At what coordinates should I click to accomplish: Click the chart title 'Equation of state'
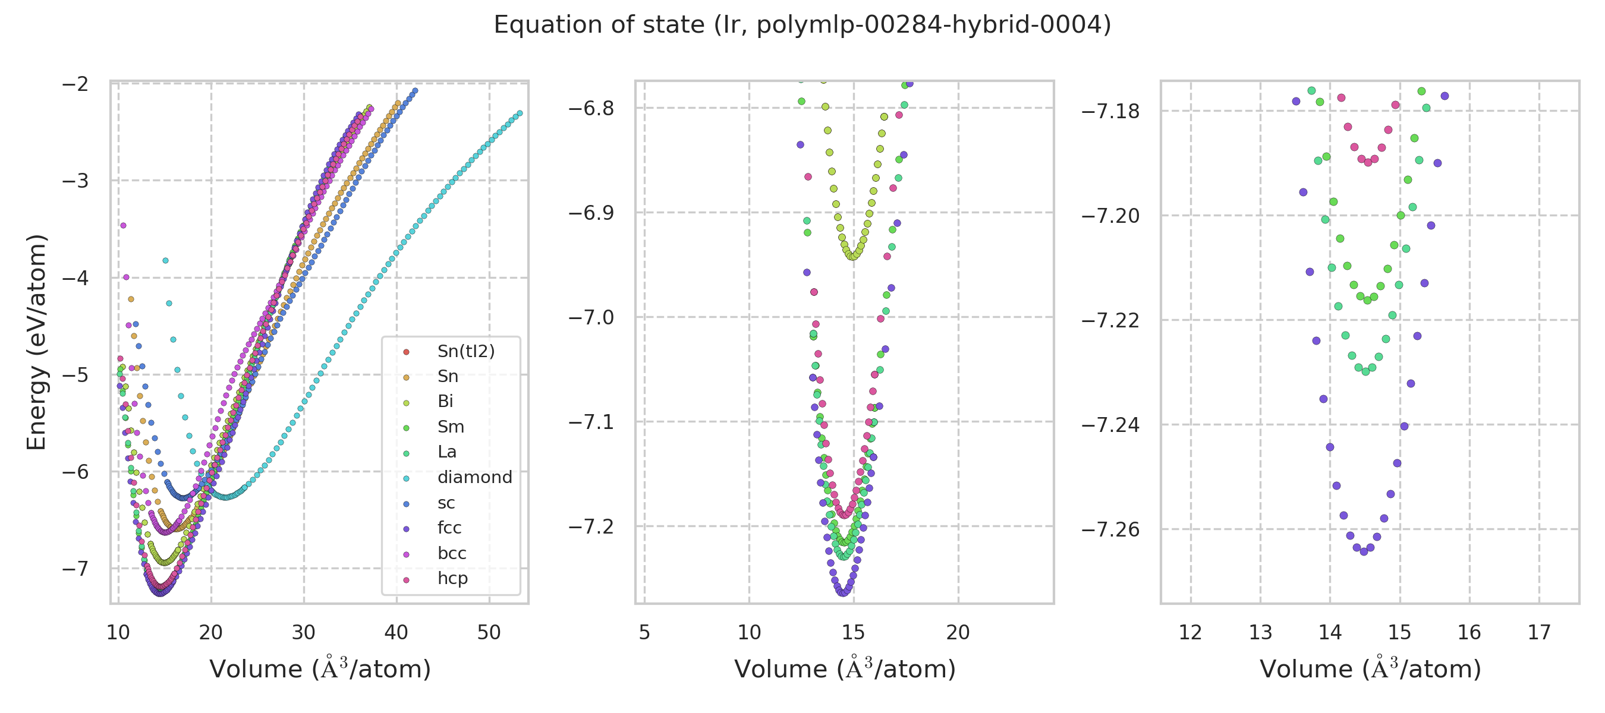[802, 25]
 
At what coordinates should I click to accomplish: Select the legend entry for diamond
[474, 478]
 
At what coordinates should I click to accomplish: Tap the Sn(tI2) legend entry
[465, 351]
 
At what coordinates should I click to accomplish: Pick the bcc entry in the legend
[452, 554]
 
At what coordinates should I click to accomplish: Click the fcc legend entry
[449, 528]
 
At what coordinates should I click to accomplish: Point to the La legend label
[447, 452]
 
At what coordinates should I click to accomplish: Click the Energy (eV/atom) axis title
[36, 342]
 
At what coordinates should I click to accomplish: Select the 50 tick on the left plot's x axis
[489, 633]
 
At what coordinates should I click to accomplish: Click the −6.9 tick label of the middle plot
[591, 213]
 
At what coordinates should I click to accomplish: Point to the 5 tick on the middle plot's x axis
[644, 633]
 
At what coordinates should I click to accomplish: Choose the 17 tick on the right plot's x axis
[1539, 633]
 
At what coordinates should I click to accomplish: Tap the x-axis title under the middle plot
[844, 670]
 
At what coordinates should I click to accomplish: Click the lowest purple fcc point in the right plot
[1364, 552]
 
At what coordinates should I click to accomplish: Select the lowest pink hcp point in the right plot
[1368, 163]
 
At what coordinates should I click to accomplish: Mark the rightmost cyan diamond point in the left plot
[520, 113]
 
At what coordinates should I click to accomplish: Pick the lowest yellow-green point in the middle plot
[852, 257]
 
